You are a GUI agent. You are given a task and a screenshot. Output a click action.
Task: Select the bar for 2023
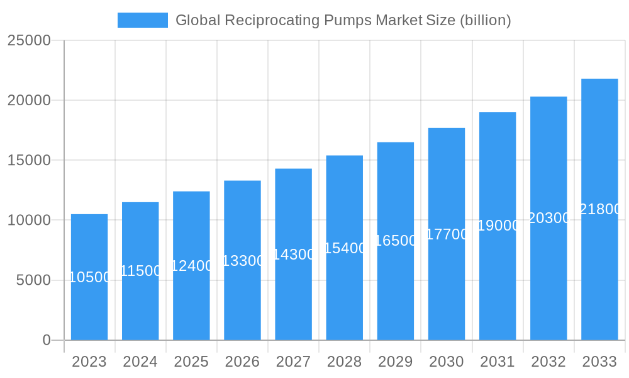click(89, 309)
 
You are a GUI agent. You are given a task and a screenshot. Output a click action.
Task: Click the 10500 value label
click(89, 277)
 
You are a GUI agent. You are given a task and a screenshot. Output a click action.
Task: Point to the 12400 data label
click(191, 266)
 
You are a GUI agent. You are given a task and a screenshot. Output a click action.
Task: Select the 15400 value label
click(345, 248)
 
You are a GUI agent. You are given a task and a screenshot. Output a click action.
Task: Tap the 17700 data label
click(447, 234)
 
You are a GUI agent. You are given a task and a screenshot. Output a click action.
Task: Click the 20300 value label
click(548, 218)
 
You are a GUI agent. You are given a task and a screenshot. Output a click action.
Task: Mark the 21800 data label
click(600, 210)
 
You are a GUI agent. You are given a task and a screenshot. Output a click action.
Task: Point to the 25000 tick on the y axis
click(29, 40)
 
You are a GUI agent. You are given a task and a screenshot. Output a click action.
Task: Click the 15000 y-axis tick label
click(29, 161)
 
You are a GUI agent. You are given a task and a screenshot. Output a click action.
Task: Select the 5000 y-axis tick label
click(33, 280)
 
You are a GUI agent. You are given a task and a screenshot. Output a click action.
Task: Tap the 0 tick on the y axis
click(47, 340)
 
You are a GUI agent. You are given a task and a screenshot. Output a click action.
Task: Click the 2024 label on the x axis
click(140, 362)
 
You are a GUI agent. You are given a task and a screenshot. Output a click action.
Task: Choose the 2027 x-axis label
click(293, 362)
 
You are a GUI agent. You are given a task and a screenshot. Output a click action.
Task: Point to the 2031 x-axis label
click(498, 362)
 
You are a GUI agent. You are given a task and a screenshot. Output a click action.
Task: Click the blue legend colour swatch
click(143, 20)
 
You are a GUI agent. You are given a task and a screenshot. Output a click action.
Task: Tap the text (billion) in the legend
click(485, 20)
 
